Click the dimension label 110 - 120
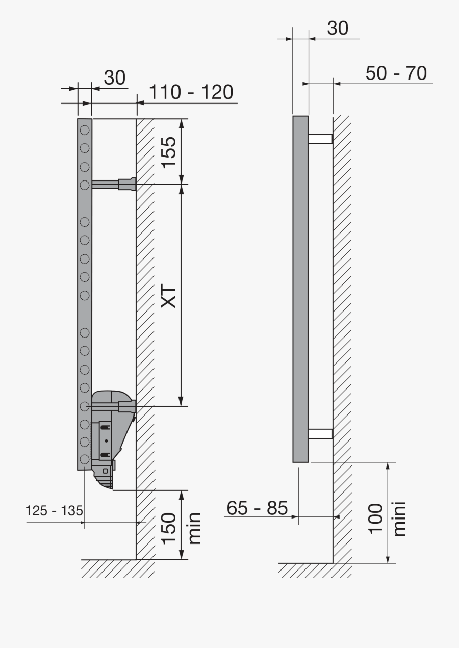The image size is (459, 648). tap(191, 93)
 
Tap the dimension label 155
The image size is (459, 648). tap(168, 151)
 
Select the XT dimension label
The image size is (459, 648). tap(168, 296)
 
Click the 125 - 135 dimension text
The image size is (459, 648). tap(55, 510)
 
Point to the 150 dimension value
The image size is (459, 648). tap(168, 529)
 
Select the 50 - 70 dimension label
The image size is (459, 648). tap(396, 73)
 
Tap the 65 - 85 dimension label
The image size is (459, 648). tap(257, 508)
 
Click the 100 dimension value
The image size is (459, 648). tap(376, 518)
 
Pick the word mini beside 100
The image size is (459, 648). tap(400, 519)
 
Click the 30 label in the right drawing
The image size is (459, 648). tap(338, 29)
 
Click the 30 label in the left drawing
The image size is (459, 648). tap(115, 78)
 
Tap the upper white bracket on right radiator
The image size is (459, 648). tap(320, 139)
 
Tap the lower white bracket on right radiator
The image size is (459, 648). tap(320, 434)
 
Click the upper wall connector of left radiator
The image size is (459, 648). tap(127, 184)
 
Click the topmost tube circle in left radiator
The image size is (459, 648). tap(85, 130)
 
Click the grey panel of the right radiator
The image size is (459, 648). tap(300, 289)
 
